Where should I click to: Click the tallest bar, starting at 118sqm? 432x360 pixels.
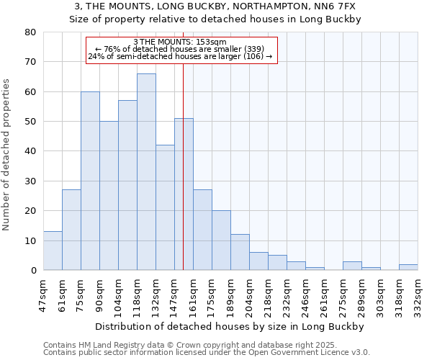[x=146, y=172]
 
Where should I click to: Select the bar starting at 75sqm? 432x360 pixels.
[x=90, y=181]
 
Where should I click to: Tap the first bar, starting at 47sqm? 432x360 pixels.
[x=53, y=251]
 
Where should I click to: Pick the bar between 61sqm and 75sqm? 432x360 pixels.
[x=71, y=230]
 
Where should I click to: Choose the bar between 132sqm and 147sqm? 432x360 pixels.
[x=165, y=207]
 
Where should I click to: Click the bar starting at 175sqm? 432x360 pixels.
[x=221, y=240]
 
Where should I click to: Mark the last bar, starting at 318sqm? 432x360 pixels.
[x=408, y=267]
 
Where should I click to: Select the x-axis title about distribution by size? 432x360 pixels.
[x=230, y=326]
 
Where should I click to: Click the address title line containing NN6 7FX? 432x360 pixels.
[x=215, y=6]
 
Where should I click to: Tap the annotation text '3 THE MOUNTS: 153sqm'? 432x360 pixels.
[x=181, y=42]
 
